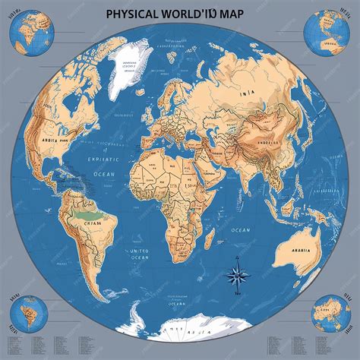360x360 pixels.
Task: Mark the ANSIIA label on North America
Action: coord(43,141)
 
